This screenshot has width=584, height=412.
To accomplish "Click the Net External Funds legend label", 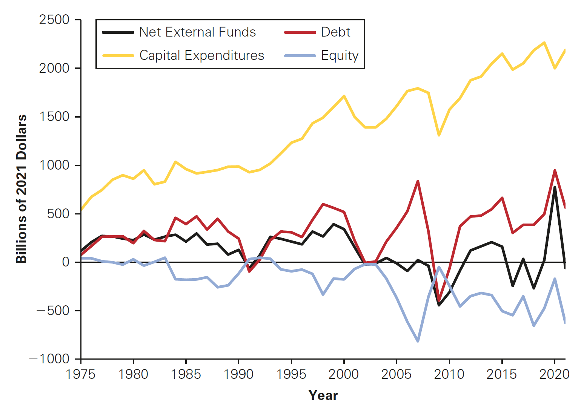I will [197, 32].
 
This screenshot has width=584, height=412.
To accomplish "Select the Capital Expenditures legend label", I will [201, 55].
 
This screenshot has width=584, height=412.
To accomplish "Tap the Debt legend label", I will [335, 32].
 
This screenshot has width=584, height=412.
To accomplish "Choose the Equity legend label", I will [340, 55].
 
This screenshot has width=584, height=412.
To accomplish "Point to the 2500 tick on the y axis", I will [54, 20].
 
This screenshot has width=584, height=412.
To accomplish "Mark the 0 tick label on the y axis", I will [66, 262].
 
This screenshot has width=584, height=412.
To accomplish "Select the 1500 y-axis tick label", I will [54, 116].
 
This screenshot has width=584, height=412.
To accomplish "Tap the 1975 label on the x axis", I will [81, 374].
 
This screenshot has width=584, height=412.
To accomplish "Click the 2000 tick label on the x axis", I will [344, 374].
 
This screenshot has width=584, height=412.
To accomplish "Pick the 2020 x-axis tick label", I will [554, 374].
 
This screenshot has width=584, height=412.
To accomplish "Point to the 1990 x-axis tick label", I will [238, 374].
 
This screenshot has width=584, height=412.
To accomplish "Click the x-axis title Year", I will [323, 395].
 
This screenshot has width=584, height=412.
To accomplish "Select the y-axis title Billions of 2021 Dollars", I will [22, 189].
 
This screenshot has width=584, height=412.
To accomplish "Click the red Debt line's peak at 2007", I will [418, 181].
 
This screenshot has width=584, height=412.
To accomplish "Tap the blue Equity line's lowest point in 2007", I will [418, 341].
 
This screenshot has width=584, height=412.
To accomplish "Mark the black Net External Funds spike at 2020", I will [555, 187].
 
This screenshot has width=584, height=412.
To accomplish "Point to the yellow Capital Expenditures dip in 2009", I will [439, 135].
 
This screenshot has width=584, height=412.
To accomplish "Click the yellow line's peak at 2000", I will [344, 96].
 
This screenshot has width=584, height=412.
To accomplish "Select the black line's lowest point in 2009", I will [439, 305].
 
